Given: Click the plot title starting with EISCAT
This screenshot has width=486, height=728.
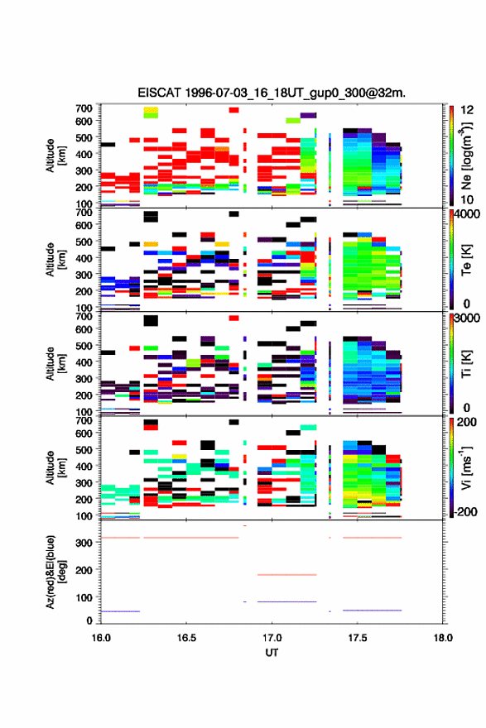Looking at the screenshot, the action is pyautogui.click(x=272, y=93).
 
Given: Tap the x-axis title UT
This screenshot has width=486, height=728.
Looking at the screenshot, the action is pyautogui.click(x=272, y=653).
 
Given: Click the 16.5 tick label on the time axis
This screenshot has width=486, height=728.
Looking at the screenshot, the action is pyautogui.click(x=186, y=638).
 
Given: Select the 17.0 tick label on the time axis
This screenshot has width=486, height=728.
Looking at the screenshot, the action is pyautogui.click(x=272, y=638).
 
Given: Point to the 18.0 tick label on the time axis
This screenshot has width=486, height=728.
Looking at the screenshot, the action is pyautogui.click(x=443, y=638).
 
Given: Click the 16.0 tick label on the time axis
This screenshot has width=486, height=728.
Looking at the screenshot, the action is pyautogui.click(x=101, y=638).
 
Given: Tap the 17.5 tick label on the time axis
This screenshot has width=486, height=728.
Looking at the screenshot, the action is pyautogui.click(x=358, y=638).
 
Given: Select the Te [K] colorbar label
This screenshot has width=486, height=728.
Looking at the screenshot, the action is pyautogui.click(x=466, y=260).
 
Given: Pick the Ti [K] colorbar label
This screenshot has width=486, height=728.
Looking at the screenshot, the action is pyautogui.click(x=466, y=364).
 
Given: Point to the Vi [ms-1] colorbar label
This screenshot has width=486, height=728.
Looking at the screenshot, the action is pyautogui.click(x=466, y=467).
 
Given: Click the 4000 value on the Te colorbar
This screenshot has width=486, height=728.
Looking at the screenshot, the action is pyautogui.click(x=467, y=214).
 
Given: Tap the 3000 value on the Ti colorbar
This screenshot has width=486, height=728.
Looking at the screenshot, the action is pyautogui.click(x=467, y=318).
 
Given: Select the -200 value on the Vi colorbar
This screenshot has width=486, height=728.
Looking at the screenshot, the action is pyautogui.click(x=466, y=511).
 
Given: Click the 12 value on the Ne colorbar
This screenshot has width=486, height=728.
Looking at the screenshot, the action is pyautogui.click(x=467, y=110).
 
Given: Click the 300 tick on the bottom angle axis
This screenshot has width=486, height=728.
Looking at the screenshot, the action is pyautogui.click(x=84, y=543).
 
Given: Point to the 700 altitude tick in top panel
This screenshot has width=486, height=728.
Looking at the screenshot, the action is pyautogui.click(x=84, y=108).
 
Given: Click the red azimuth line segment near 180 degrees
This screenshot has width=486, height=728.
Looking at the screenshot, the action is pyautogui.click(x=286, y=575).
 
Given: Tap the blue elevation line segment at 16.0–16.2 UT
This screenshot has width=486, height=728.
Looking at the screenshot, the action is pyautogui.click(x=120, y=611).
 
